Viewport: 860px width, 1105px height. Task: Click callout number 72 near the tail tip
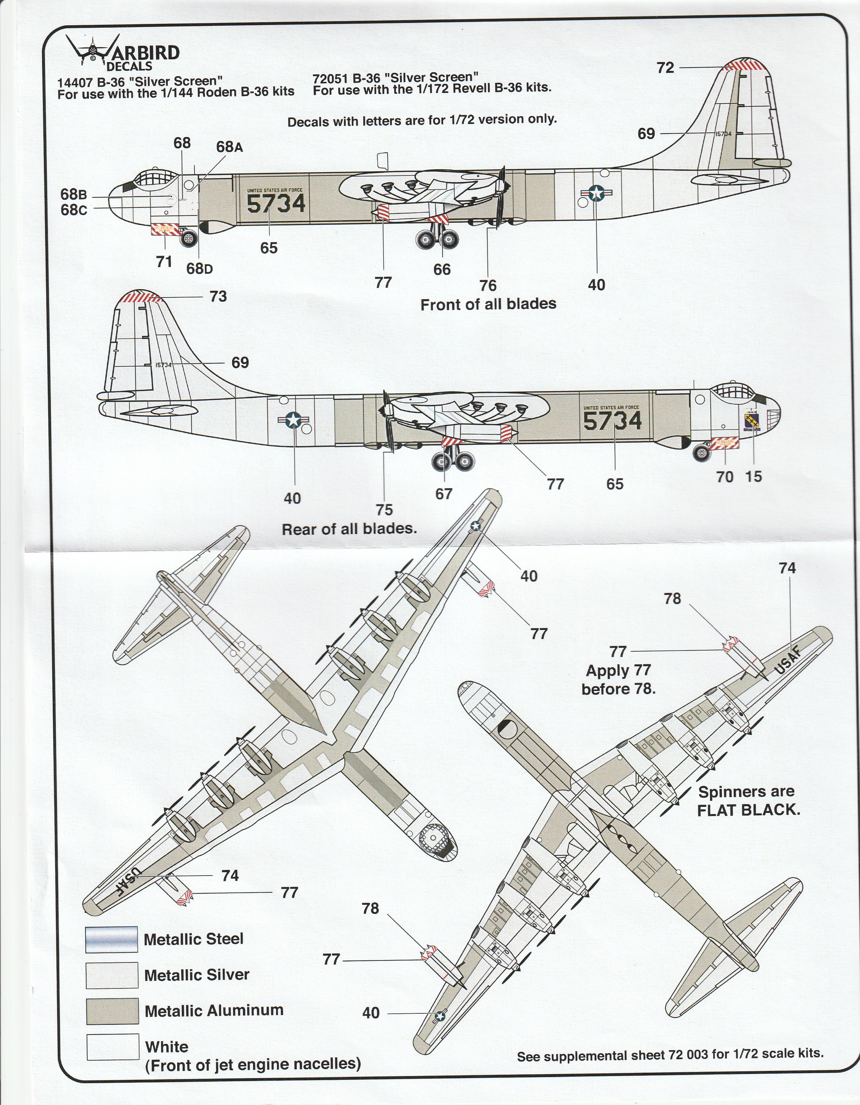(665, 68)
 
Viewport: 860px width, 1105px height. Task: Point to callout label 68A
(229, 147)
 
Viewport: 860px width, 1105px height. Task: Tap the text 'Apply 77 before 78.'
(618, 680)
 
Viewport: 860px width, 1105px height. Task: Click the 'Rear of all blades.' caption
(349, 529)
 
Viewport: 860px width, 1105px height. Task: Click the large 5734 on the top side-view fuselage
(276, 204)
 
